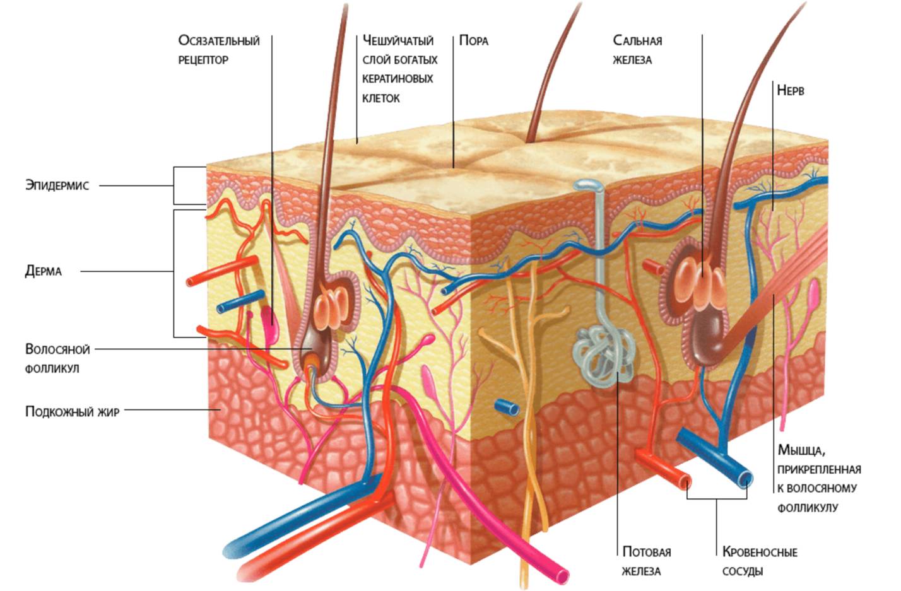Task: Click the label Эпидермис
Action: pyautogui.click(x=57, y=185)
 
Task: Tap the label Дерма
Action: pyautogui.click(x=44, y=271)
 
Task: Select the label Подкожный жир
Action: pyautogui.click(x=72, y=412)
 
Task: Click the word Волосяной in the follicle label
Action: pyautogui.click(x=57, y=349)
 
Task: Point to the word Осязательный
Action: pyautogui.click(x=219, y=41)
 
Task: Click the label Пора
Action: pyautogui.click(x=473, y=41)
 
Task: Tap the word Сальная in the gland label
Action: pyautogui.click(x=637, y=41)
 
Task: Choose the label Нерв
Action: pyautogui.click(x=790, y=90)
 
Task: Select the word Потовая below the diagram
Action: pyautogui.click(x=646, y=552)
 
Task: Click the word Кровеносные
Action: pyautogui.click(x=760, y=552)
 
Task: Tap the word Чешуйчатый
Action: pyautogui.click(x=398, y=41)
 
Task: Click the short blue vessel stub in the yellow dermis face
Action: pyautogui.click(x=507, y=407)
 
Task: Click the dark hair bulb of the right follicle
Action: pyautogui.click(x=707, y=337)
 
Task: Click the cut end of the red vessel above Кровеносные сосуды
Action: pyautogui.click(x=685, y=483)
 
